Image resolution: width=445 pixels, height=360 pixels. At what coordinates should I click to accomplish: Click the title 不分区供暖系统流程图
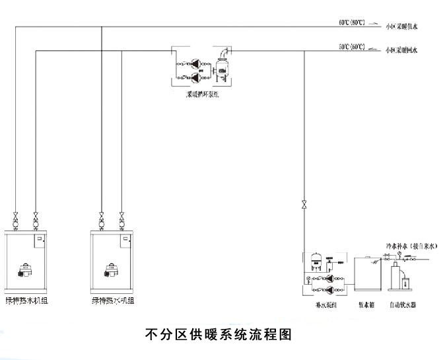[x=218, y=334]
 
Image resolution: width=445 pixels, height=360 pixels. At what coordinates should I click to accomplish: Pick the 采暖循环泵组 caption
[x=200, y=94]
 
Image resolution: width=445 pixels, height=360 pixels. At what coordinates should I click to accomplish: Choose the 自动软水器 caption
[x=403, y=305]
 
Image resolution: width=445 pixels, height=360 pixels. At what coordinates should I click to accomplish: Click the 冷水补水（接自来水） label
[x=412, y=245]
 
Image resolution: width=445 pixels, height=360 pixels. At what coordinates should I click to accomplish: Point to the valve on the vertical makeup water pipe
[x=303, y=203]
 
